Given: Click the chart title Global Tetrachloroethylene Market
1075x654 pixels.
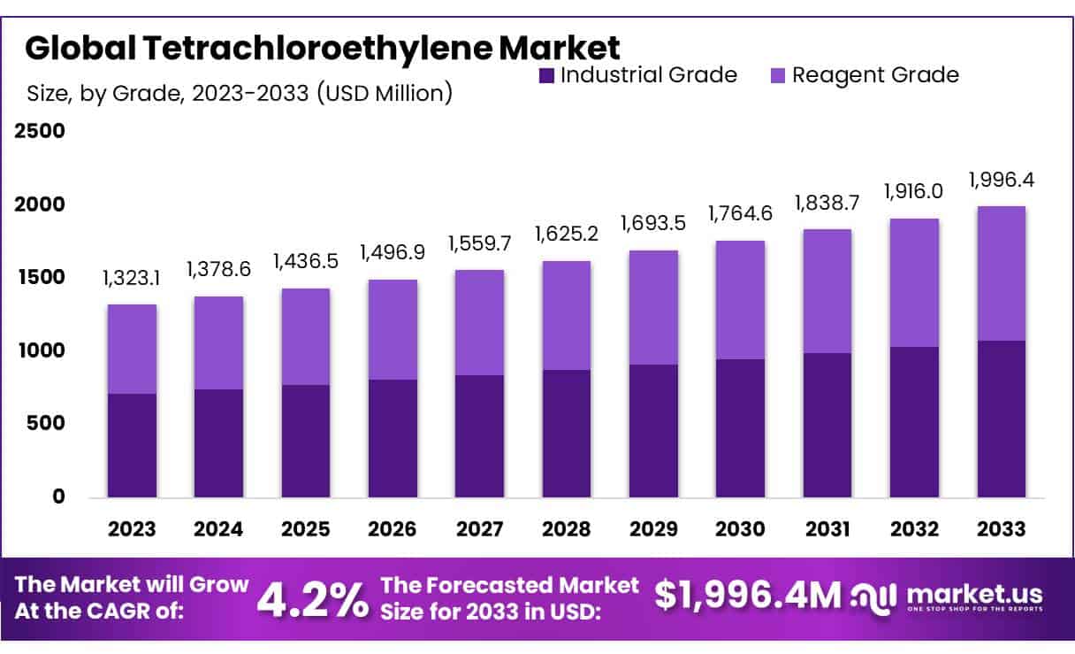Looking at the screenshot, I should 322,47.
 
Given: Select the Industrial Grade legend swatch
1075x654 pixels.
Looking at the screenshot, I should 545,75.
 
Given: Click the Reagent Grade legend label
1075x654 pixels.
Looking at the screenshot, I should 874,74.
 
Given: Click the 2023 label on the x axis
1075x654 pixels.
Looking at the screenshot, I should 132,529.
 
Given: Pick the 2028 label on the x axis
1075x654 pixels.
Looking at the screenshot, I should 567,529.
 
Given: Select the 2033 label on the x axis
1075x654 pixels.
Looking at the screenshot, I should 1002,529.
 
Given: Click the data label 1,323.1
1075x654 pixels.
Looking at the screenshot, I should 132,280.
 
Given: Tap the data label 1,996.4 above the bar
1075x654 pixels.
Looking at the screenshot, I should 1002,181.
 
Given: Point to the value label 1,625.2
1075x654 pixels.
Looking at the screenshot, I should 567,235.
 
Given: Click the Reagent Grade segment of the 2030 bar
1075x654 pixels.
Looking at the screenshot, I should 741,299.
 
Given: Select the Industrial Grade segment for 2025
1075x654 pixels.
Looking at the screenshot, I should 306,441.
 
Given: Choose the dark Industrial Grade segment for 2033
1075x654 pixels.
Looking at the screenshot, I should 1002,419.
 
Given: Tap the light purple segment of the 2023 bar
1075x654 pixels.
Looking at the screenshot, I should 132,349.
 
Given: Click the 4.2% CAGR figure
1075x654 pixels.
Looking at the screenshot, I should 313,599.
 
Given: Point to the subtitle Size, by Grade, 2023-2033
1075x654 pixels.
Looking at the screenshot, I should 240,92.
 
